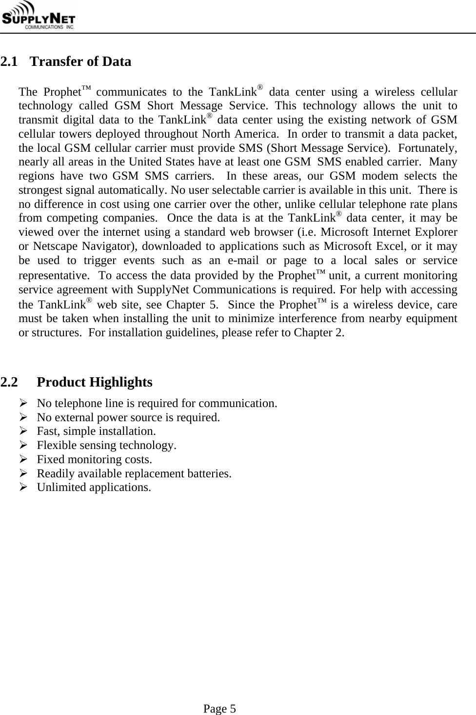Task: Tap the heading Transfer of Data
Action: (81, 62)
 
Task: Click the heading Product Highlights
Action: (95, 382)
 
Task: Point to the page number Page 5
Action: (219, 708)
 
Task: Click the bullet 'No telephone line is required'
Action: (157, 403)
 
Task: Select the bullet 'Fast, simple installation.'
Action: (97, 431)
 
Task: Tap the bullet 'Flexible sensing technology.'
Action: (107, 445)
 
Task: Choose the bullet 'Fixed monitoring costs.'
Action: (95, 459)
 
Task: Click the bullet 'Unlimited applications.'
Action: (94, 487)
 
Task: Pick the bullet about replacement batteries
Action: (134, 473)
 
